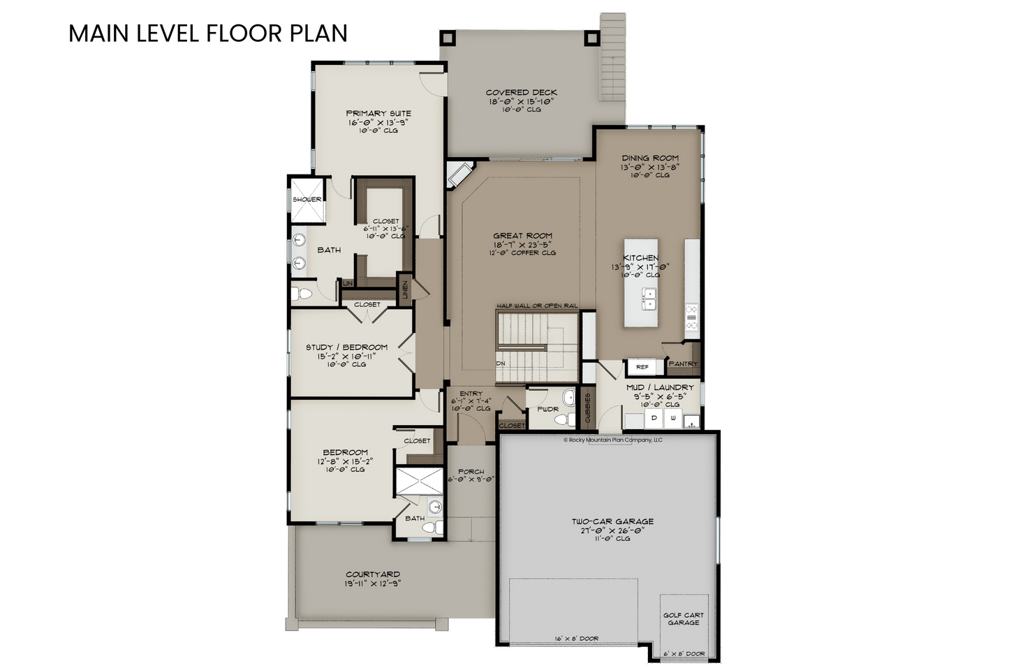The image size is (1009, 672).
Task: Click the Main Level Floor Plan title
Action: point(208,33)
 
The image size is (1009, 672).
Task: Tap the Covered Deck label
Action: point(521,93)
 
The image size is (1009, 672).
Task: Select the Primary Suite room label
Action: point(378,114)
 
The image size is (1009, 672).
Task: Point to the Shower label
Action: point(307,200)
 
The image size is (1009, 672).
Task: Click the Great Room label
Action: point(522,235)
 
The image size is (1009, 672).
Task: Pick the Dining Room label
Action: point(650,158)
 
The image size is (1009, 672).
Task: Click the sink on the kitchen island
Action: point(649,299)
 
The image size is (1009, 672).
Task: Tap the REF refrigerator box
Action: point(642,367)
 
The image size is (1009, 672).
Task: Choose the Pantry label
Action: point(684,364)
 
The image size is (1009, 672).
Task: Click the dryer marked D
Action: point(654,419)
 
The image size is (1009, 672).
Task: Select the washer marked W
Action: point(673,419)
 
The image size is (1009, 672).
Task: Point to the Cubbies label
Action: point(587,408)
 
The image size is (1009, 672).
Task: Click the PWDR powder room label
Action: point(547,409)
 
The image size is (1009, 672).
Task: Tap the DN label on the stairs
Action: point(501,364)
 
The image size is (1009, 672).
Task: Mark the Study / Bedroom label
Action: point(347,347)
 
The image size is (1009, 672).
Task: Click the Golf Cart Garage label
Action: point(684,619)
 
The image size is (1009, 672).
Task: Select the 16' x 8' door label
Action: point(577,639)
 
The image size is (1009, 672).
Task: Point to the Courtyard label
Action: point(372,574)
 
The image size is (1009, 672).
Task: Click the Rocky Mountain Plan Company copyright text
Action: point(613,440)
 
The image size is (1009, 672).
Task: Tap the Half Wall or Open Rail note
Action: point(537,306)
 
